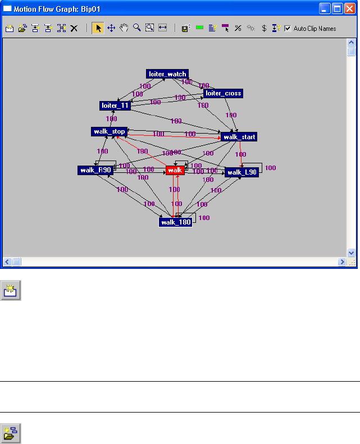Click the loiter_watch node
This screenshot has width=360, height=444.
tap(167, 74)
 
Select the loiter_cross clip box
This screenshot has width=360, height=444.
tap(224, 94)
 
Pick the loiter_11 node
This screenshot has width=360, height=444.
tap(115, 106)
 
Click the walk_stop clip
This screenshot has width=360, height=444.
tap(108, 131)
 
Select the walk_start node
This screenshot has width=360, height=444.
tap(239, 137)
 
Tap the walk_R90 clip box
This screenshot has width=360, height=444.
tap(95, 170)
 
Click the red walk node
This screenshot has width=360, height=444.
tap(175, 170)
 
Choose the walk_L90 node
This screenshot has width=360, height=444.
tap(242, 172)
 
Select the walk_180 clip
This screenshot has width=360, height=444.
tap(175, 222)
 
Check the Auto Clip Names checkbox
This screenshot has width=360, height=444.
tap(288, 29)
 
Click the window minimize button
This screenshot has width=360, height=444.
tap(325, 8)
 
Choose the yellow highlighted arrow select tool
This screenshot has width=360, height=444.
tap(98, 29)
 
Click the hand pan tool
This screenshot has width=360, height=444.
tap(124, 29)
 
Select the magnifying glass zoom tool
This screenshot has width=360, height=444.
tap(136, 29)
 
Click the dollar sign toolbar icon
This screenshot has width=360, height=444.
tap(264, 29)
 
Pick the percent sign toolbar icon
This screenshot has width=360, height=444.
tap(238, 29)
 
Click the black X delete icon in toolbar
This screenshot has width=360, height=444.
tap(74, 29)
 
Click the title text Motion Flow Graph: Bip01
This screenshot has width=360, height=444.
tap(49, 8)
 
